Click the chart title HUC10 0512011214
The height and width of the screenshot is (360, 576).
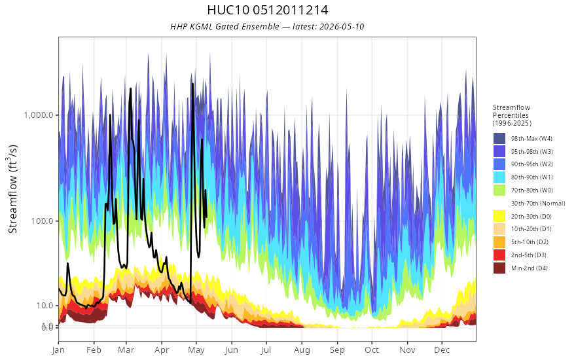pyautogui.click(x=268, y=10)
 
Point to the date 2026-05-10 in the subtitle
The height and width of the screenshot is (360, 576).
pyautogui.click(x=342, y=26)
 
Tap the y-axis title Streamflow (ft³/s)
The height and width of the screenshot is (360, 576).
pyautogui.click(x=12, y=189)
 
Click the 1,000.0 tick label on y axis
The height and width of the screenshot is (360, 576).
pyautogui.click(x=39, y=115)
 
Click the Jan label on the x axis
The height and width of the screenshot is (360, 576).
pyautogui.click(x=58, y=350)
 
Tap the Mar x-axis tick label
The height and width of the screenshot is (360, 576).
pyautogui.click(x=126, y=350)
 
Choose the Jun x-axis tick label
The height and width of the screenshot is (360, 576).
pyautogui.click(x=232, y=350)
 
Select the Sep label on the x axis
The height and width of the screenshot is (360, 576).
pyautogui.click(x=337, y=350)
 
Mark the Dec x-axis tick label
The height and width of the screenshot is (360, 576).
pyautogui.click(x=442, y=350)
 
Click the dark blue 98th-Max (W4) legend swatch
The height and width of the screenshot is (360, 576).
pyautogui.click(x=499, y=139)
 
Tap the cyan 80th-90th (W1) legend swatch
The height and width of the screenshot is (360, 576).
pyautogui.click(x=499, y=177)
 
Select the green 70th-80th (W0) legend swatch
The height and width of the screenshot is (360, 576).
pyautogui.click(x=499, y=190)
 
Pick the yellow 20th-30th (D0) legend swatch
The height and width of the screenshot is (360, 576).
pyautogui.click(x=499, y=216)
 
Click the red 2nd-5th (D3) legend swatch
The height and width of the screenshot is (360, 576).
pyautogui.click(x=499, y=255)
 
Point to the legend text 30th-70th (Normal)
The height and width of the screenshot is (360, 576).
pyautogui.click(x=538, y=203)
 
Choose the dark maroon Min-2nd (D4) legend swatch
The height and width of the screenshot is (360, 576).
pyautogui.click(x=499, y=268)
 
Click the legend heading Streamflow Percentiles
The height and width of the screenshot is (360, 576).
pyautogui.click(x=512, y=111)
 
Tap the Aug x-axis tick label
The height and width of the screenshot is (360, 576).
pyautogui.click(x=302, y=350)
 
